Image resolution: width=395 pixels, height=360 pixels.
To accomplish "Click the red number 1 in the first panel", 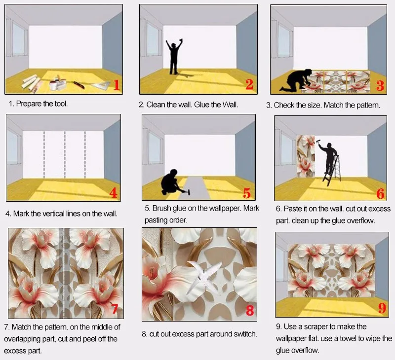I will coord(117,84).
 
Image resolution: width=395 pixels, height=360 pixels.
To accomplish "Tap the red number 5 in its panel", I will coord(247,193).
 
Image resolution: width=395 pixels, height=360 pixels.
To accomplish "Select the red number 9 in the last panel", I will coord(382,309).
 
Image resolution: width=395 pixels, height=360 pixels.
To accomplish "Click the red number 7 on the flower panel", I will coord(115,309).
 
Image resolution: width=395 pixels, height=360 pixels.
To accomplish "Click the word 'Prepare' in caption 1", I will coord(30,104).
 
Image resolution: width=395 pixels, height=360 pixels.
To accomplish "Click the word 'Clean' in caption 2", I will coord(156,105).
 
